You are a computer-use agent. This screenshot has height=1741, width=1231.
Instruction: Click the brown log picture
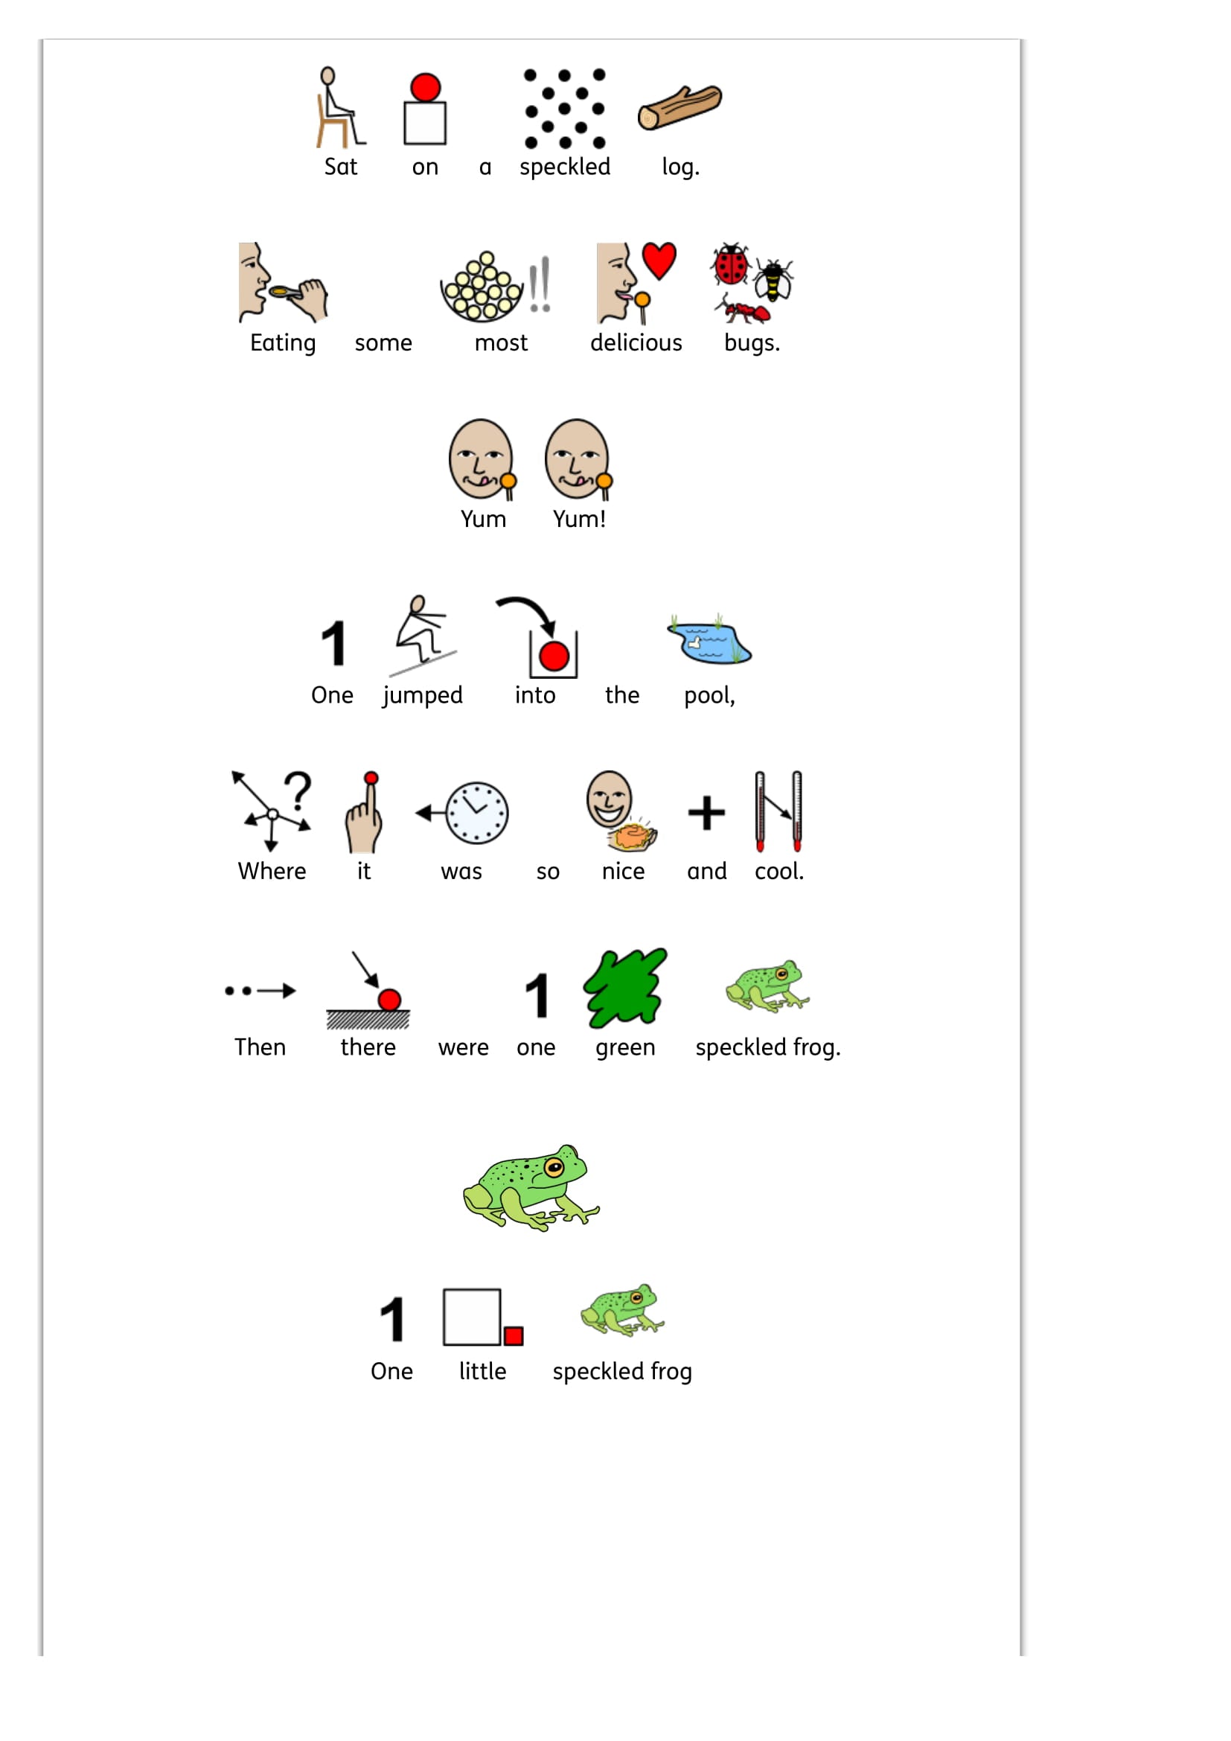click(x=680, y=107)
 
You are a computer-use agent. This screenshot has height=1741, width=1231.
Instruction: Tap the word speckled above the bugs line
click(x=565, y=167)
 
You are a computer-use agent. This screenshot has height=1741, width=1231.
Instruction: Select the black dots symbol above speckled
click(x=565, y=109)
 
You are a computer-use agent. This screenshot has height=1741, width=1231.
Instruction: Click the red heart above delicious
click(x=659, y=261)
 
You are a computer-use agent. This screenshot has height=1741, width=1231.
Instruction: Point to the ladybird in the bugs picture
click(x=730, y=264)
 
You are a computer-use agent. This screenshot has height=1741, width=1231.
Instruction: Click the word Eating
click(x=283, y=342)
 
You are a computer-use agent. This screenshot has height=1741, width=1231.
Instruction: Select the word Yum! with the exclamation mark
click(x=579, y=519)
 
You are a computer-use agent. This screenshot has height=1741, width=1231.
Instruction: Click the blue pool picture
click(x=709, y=639)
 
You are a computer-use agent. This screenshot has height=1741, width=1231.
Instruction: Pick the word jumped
click(x=422, y=696)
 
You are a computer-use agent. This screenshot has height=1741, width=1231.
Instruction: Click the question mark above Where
click(x=298, y=790)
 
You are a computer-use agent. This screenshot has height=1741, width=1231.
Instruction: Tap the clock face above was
click(x=476, y=813)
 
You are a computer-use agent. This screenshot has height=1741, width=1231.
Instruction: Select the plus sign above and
click(x=706, y=813)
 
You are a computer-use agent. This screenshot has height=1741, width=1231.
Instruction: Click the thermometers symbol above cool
click(x=778, y=811)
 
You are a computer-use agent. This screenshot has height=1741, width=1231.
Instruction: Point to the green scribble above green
click(x=624, y=987)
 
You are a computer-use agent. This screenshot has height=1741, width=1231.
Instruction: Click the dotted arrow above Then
click(x=260, y=990)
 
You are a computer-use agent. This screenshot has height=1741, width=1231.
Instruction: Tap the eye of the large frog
click(x=555, y=1166)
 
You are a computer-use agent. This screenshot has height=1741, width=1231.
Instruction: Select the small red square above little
click(x=514, y=1335)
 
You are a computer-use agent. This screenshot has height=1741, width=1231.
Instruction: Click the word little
click(x=483, y=1371)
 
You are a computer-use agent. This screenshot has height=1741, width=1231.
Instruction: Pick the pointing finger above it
click(x=365, y=813)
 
